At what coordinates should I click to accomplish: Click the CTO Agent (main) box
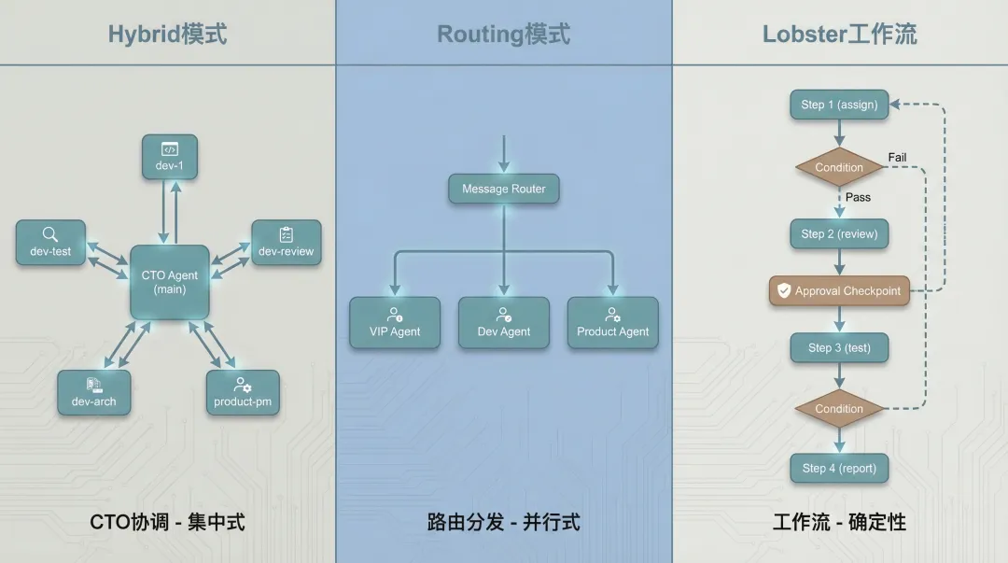170,282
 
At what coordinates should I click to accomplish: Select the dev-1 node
169,157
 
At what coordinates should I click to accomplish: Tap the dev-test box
50,242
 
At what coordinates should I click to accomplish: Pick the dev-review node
286,242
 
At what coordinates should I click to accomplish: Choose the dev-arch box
93,392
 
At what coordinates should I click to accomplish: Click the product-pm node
243,392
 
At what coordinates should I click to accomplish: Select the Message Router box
504,189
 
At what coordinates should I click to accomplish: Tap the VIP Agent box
395,323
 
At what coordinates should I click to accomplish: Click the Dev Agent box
504,323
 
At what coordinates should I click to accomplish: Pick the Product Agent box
612,323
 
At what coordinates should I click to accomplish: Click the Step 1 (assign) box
839,105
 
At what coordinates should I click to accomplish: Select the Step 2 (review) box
839,233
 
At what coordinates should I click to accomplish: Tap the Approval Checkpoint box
839,290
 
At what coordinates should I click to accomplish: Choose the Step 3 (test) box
839,347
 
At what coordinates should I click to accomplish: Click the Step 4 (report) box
839,468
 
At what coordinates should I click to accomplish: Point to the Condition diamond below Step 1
839,167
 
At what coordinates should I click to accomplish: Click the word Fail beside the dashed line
897,158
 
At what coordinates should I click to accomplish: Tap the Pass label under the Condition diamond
858,197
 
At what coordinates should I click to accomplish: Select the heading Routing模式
504,35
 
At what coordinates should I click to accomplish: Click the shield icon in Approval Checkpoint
784,290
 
